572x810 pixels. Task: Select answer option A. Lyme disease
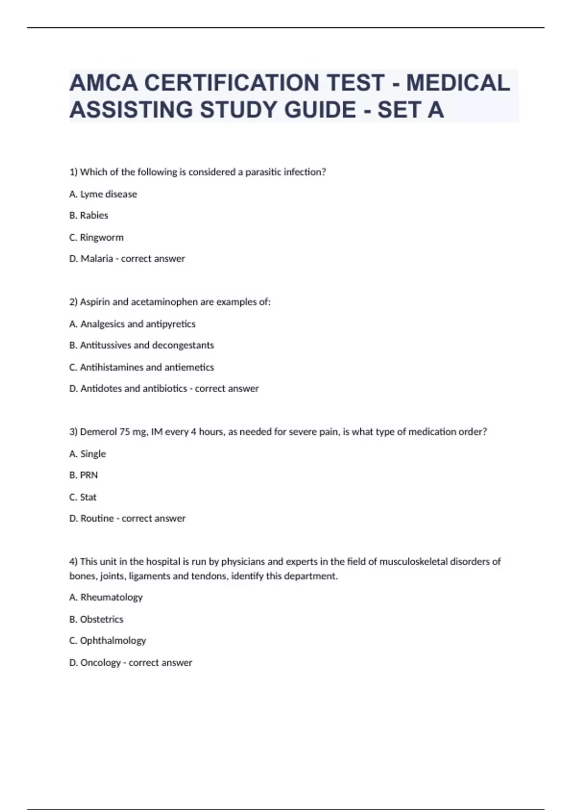point(103,194)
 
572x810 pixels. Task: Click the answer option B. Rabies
point(89,215)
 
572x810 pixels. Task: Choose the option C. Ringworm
point(96,237)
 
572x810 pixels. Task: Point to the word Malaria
point(97,259)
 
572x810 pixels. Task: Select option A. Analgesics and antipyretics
point(132,324)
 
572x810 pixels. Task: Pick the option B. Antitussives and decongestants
point(142,345)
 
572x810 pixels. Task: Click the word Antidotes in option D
point(101,389)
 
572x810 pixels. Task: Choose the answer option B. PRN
point(83,475)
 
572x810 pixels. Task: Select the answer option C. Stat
point(83,497)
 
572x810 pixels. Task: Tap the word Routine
point(97,518)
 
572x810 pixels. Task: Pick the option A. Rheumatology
point(106,597)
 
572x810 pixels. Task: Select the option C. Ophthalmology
point(108,641)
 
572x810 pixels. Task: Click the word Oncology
point(101,663)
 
